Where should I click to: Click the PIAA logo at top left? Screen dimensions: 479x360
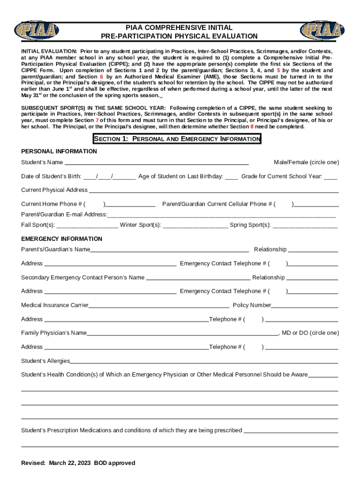(37, 31)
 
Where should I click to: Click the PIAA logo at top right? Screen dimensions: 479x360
(322, 31)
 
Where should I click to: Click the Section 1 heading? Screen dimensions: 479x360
(177, 139)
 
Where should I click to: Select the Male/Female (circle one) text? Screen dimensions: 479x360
(306, 162)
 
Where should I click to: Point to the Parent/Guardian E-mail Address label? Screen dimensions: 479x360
(64, 214)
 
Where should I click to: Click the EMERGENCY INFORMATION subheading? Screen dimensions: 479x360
(62, 239)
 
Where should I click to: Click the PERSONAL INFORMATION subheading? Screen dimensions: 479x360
(59, 152)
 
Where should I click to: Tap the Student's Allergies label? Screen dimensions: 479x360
(45, 361)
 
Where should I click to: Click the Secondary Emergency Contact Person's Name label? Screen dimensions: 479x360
(83, 277)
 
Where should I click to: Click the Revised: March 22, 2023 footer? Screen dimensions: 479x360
(78, 463)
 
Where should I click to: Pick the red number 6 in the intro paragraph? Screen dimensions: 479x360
(101, 77)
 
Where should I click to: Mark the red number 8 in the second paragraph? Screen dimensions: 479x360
(252, 126)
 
